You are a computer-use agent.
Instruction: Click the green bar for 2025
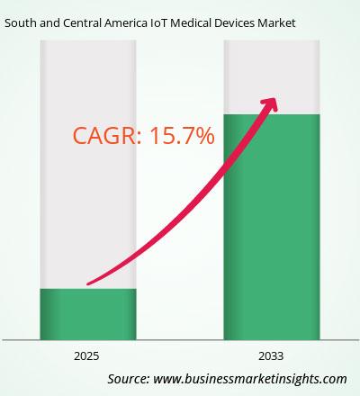(x=88, y=314)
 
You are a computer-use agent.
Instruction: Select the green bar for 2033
(x=272, y=227)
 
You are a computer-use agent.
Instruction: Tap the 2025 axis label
(x=86, y=356)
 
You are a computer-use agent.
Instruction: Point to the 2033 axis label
(x=271, y=356)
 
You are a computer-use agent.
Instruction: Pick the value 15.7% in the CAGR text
(x=182, y=136)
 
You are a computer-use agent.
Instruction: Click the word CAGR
(x=104, y=136)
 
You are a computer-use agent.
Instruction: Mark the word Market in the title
(x=276, y=23)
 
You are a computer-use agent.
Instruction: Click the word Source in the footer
(x=129, y=379)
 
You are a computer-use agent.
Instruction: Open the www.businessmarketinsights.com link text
(x=250, y=380)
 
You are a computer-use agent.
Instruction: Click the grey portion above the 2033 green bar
(x=272, y=77)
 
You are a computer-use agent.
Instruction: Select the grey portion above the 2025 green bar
(x=88, y=165)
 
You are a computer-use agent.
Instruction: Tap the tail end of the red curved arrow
(x=87, y=283)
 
